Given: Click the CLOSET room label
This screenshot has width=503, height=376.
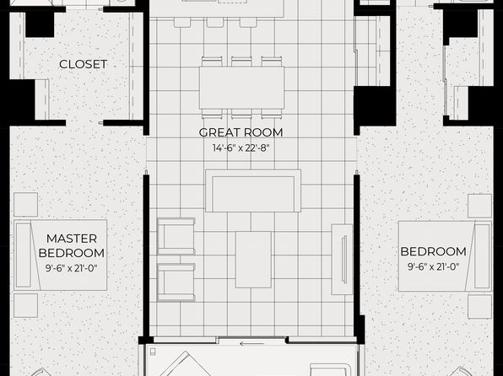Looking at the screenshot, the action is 83,64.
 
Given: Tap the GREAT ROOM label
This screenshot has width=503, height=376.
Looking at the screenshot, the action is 241,132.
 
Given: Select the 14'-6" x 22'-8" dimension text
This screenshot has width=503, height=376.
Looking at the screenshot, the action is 241,148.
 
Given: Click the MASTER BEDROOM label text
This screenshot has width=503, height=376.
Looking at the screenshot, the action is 72,245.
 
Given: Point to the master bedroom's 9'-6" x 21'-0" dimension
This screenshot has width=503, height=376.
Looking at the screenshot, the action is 71,268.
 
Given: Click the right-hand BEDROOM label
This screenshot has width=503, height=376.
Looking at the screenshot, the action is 434,251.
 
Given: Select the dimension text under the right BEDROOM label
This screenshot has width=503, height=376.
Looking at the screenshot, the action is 434,266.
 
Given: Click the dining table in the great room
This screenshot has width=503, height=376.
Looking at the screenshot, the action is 241,88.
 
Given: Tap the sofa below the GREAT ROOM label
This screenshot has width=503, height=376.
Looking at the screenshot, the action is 253,191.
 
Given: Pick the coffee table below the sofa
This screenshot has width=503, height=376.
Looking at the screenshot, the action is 253,260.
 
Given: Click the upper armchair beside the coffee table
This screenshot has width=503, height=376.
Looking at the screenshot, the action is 176,236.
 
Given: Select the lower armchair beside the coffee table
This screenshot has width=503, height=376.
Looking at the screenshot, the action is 176,282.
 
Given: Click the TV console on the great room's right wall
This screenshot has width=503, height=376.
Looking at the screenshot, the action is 342,260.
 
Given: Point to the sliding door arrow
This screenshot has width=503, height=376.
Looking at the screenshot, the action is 251,344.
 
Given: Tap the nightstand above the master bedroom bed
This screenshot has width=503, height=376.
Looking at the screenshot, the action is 25,205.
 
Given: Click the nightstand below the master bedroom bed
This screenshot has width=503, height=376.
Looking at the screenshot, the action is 25,305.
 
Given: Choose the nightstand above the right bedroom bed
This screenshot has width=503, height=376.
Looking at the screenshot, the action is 479,206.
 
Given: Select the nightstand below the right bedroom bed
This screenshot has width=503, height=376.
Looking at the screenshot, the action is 479,307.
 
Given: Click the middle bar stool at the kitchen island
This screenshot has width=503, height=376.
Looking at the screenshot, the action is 215,22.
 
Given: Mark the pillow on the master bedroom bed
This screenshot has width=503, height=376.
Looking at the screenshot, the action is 24,255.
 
